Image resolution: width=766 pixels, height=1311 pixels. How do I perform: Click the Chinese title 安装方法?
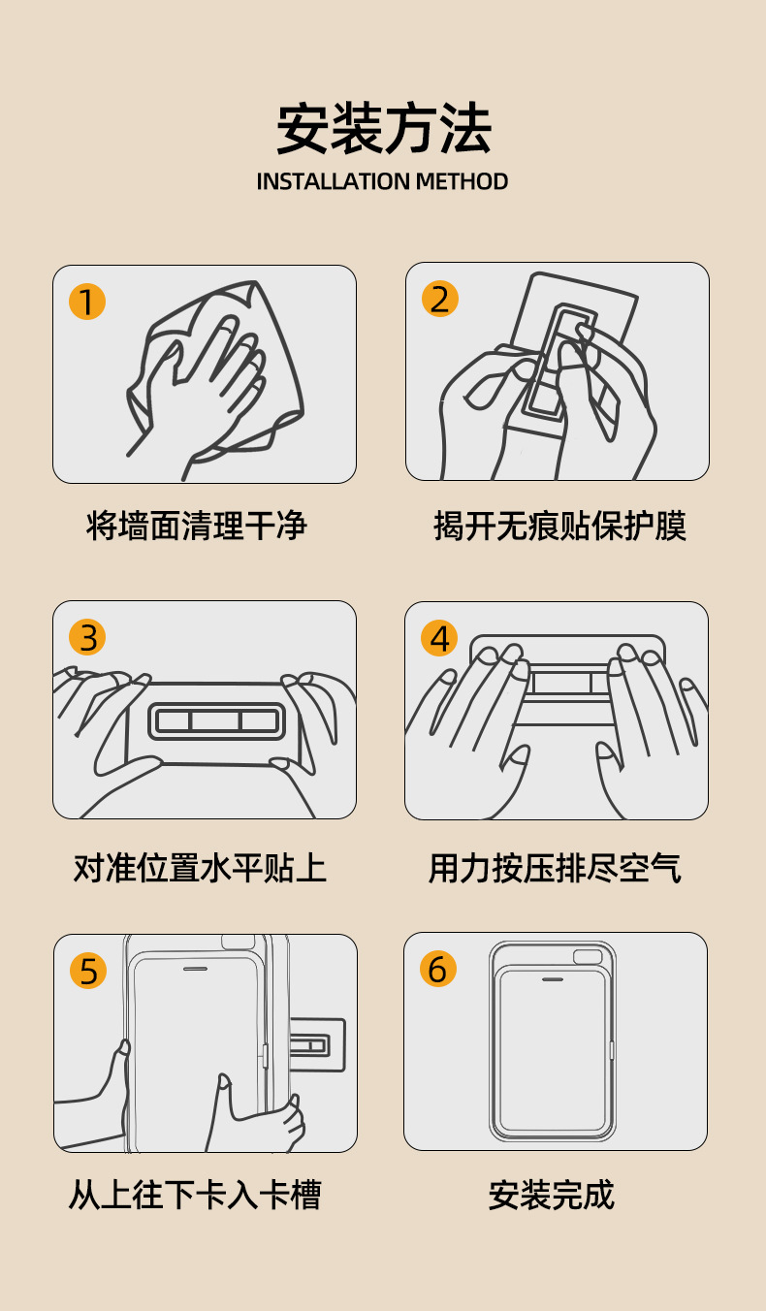point(383,128)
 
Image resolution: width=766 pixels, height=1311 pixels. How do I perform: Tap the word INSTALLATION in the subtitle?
point(333,181)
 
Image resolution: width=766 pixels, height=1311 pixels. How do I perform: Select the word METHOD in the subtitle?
point(462,181)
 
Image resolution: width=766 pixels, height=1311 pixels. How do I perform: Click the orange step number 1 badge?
point(87,302)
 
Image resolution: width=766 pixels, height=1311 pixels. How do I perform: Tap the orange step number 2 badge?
point(440,299)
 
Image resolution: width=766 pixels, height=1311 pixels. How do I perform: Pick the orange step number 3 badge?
point(87,637)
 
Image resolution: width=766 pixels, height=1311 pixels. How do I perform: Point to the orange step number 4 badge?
point(439,638)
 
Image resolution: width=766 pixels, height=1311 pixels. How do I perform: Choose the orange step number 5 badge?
point(88,971)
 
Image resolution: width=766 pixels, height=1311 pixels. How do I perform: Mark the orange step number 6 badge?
point(438,969)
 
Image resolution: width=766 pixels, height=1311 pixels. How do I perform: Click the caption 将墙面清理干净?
point(197,525)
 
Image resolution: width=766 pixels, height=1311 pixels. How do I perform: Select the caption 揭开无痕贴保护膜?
point(559,525)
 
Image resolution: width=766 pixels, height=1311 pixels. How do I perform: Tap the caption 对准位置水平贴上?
point(200,867)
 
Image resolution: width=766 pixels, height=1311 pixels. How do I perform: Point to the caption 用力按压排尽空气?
point(555,867)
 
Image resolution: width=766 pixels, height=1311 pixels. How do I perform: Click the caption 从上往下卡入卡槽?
point(195,1194)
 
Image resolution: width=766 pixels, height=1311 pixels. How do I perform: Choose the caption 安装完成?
point(552,1194)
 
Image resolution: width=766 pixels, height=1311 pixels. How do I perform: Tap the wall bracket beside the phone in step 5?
point(317,1045)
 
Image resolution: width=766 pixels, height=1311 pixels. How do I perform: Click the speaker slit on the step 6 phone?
point(553,978)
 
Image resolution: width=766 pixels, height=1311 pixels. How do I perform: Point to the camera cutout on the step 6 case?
point(588,956)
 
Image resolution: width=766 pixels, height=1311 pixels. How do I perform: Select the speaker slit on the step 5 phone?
point(195,969)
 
